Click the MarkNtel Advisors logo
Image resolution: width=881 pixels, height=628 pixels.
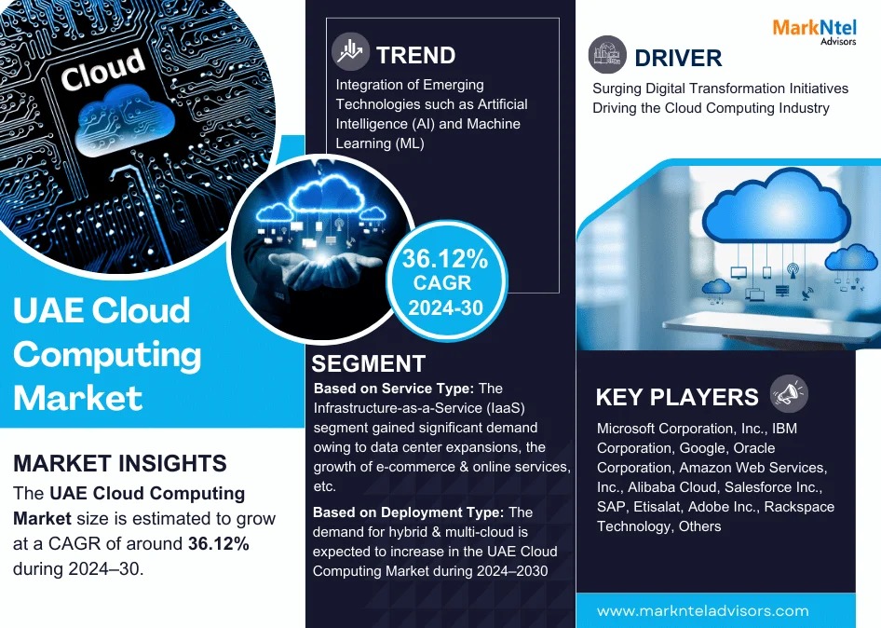click(814, 32)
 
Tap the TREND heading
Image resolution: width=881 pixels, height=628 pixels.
click(415, 56)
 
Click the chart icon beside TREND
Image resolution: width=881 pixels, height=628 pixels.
click(350, 52)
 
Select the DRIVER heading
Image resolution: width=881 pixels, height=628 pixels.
click(678, 58)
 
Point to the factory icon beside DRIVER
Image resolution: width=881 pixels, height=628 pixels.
click(607, 55)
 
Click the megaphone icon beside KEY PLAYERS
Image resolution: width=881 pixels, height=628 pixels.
click(790, 393)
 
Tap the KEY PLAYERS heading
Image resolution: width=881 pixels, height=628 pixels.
click(677, 398)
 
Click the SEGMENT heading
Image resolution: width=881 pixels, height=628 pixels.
click(369, 363)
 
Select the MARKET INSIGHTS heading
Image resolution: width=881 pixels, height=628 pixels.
click(120, 463)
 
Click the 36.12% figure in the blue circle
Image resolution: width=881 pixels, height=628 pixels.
click(445, 259)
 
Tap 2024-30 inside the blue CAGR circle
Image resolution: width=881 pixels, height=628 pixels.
click(445, 307)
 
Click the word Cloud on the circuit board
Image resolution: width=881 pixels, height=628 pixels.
click(102, 69)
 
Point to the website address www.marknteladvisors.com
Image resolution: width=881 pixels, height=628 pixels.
click(703, 610)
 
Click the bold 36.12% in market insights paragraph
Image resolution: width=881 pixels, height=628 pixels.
click(219, 543)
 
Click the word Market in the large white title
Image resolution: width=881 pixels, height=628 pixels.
click(77, 398)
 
